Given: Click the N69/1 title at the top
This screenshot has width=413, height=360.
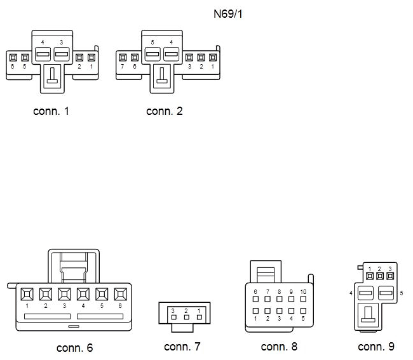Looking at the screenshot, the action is pyautogui.click(x=228, y=14).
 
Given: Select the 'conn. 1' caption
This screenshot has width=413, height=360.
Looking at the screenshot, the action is pyautogui.click(x=51, y=111).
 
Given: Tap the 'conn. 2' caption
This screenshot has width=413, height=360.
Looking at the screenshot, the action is pyautogui.click(x=165, y=111).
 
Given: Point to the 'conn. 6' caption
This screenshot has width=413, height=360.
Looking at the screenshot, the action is pyautogui.click(x=74, y=348).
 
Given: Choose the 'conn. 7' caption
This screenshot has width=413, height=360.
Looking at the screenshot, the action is pyautogui.click(x=182, y=347).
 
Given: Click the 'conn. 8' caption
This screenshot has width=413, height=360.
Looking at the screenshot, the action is pyautogui.click(x=279, y=347).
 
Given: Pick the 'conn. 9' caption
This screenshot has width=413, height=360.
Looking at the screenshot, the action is pyautogui.click(x=376, y=347).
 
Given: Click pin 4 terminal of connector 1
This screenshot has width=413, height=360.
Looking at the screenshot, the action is pyautogui.click(x=43, y=54).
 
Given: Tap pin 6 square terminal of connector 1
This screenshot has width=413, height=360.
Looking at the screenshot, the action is pyautogui.click(x=13, y=58).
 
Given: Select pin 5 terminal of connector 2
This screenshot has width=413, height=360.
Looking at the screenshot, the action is pyautogui.click(x=152, y=54).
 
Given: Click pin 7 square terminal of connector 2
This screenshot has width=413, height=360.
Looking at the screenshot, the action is pyautogui.click(x=123, y=58).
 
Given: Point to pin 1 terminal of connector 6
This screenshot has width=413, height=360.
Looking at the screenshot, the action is pyautogui.click(x=27, y=294).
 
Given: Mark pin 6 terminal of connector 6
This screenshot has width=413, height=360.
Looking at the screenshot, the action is pyautogui.click(x=121, y=294).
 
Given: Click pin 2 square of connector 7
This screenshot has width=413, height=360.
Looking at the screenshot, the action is pyautogui.click(x=186, y=317).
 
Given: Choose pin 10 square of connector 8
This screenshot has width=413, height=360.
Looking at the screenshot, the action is pyautogui.click(x=303, y=299).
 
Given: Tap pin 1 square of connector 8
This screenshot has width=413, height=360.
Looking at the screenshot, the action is pyautogui.click(x=255, y=310).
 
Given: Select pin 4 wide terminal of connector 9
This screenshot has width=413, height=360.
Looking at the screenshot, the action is pyautogui.click(x=365, y=293).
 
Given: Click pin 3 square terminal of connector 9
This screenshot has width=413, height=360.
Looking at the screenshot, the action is pyautogui.click(x=390, y=276).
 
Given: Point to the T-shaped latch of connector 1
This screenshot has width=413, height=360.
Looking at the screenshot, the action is pyautogui.click(x=52, y=76).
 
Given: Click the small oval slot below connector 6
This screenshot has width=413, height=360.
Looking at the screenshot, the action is pyautogui.click(x=74, y=326).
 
